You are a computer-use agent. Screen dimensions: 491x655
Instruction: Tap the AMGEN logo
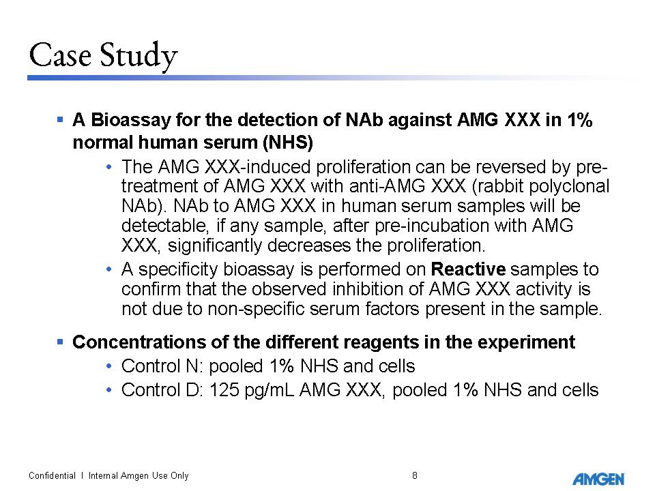[598, 479]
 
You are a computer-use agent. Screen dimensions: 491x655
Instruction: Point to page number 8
[415, 475]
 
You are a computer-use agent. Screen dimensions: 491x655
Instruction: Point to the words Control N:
[162, 366]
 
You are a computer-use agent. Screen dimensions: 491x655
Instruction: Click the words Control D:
[162, 390]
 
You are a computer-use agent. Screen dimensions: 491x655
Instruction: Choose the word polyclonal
[571, 186]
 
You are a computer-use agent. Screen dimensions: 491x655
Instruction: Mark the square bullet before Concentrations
[59, 341]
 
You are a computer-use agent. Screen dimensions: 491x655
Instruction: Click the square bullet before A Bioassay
[59, 120]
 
